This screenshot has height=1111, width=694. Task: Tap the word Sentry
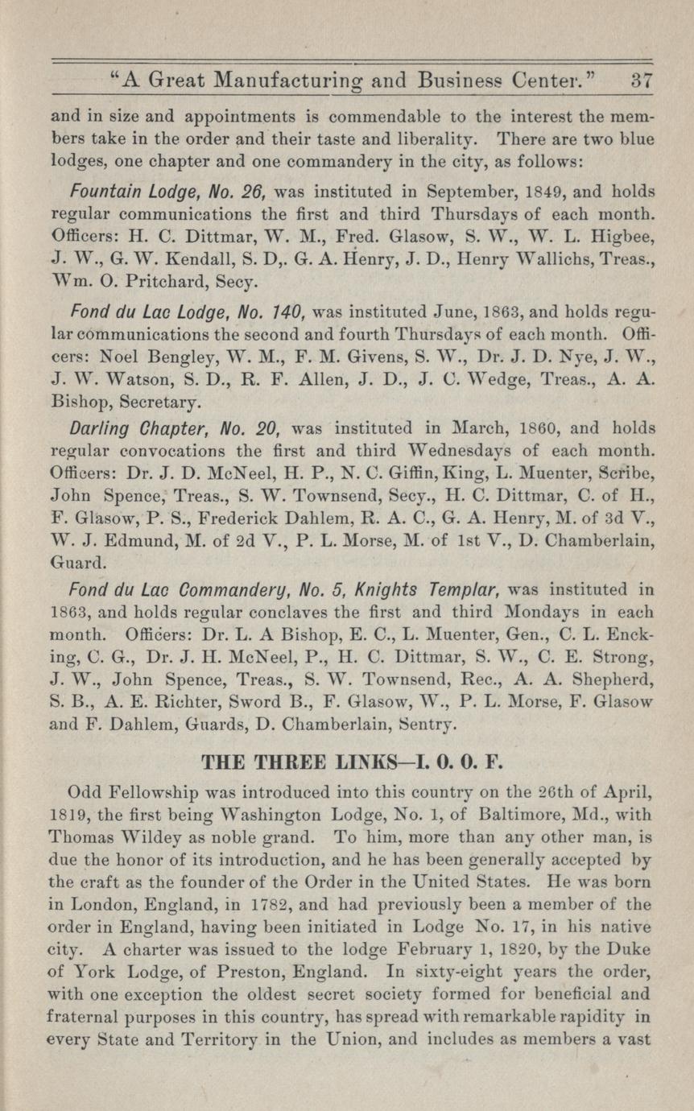pyautogui.click(x=428, y=723)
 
